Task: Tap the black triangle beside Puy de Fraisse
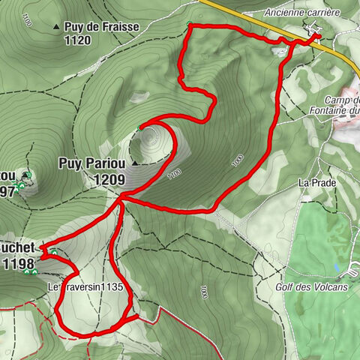[56, 27]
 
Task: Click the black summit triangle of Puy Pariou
[135, 162]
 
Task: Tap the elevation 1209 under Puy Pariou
[109, 179]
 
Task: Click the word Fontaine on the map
[334, 112]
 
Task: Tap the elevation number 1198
[18, 263]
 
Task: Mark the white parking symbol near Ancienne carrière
[314, 32]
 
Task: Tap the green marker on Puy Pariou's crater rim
[139, 128]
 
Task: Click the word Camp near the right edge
[340, 100]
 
